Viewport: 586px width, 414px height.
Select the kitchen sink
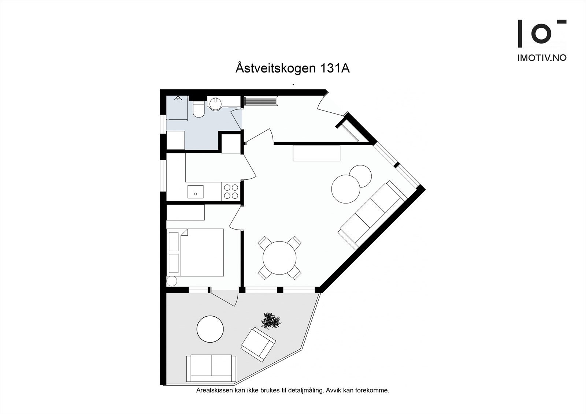195,191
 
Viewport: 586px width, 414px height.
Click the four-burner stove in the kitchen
231,191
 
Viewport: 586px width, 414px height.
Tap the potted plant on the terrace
271,321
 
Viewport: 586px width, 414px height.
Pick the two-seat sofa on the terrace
211,368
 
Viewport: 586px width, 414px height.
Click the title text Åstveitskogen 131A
292,68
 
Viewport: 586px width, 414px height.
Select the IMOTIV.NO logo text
542,58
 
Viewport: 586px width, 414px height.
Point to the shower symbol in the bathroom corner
178,98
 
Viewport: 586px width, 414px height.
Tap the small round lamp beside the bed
171,281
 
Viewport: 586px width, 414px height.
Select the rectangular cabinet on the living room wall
316,153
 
